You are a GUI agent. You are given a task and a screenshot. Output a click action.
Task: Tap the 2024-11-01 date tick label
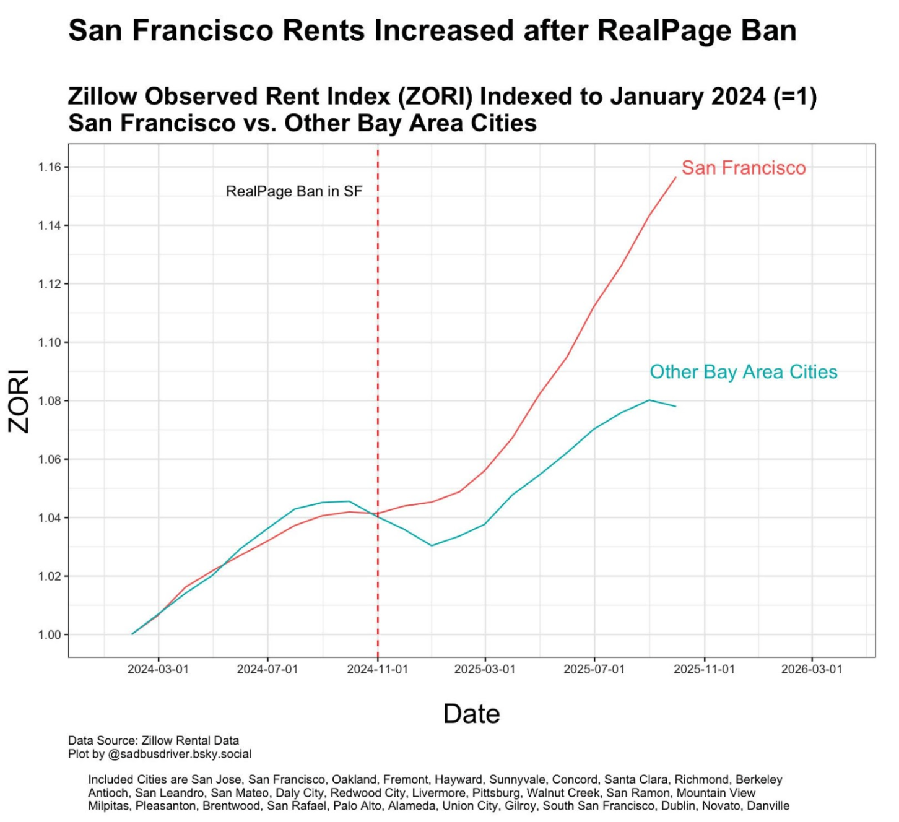pyautogui.click(x=377, y=670)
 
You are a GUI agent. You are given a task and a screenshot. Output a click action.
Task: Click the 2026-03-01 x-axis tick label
pyautogui.click(x=812, y=670)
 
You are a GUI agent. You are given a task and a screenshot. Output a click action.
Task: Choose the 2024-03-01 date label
pyautogui.click(x=158, y=670)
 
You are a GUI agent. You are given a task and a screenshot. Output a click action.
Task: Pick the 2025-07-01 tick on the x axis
pyautogui.click(x=594, y=670)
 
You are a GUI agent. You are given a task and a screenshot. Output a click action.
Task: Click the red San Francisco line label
pyautogui.click(x=744, y=168)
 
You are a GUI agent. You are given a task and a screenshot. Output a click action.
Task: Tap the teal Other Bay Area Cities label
pyautogui.click(x=743, y=372)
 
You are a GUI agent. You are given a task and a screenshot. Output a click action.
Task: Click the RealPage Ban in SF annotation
pyautogui.click(x=294, y=191)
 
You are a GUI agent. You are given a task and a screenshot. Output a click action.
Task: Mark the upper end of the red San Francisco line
pyautogui.click(x=675, y=178)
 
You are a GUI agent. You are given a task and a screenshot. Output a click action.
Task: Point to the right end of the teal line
pyautogui.click(x=675, y=406)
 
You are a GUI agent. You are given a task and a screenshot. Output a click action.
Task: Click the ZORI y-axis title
pyautogui.click(x=19, y=401)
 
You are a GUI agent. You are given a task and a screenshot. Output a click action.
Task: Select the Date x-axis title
pyautogui.click(x=471, y=714)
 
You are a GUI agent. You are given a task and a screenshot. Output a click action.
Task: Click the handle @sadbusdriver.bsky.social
pyautogui.click(x=180, y=755)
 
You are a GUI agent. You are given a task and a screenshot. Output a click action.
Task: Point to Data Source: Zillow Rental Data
pyautogui.click(x=154, y=741)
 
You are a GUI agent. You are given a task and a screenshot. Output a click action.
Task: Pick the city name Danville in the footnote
pyautogui.click(x=768, y=806)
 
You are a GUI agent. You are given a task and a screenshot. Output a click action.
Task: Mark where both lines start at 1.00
pyautogui.click(x=132, y=634)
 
